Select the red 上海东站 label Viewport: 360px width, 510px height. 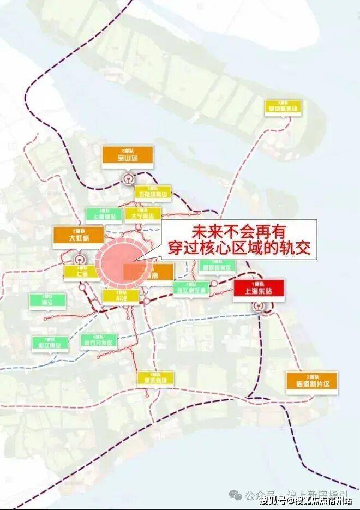[259, 287]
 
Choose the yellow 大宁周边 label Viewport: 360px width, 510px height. [143, 213]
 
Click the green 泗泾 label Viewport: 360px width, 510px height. [47, 301]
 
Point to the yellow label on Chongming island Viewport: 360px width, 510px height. [282, 106]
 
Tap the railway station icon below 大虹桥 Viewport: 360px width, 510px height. [81, 260]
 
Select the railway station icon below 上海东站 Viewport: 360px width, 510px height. [259, 308]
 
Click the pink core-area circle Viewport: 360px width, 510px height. [117, 262]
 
